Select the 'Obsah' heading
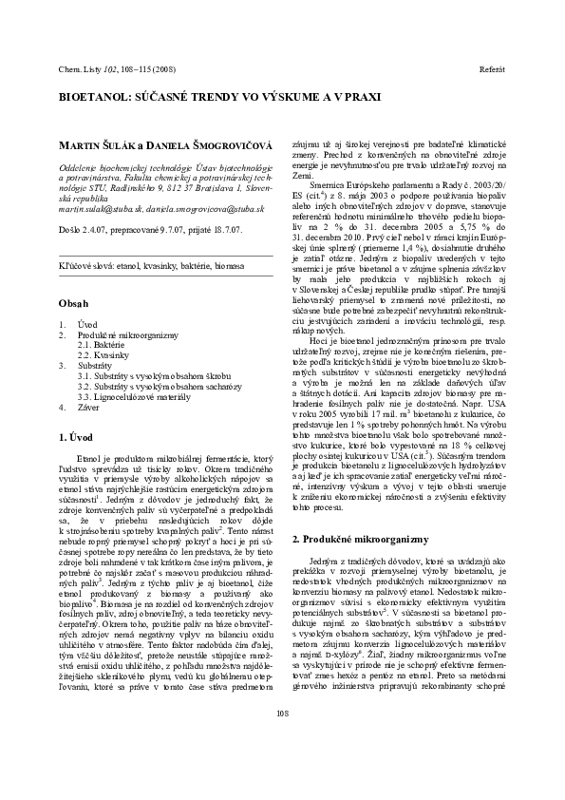coord(73,277)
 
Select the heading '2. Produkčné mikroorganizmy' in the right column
coord(362,539)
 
